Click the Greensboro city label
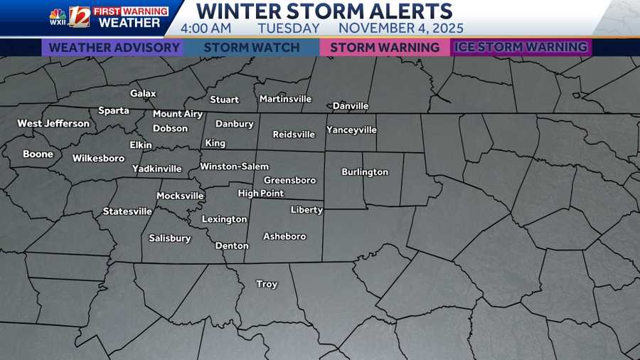tap(289, 180)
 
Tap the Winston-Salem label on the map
tap(234, 166)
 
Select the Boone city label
tap(38, 154)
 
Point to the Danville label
tap(351, 106)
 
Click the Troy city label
tap(267, 284)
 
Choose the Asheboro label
tap(284, 236)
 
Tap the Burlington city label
tap(365, 172)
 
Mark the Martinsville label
tap(285, 99)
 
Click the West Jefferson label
tap(53, 124)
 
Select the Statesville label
tap(127, 211)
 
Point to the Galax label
tap(143, 93)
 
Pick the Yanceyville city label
tap(351, 130)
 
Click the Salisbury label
tap(169, 238)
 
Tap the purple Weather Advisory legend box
tap(114, 48)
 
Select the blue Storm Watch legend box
tap(251, 48)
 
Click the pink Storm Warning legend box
tap(385, 48)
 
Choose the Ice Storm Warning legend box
tap(521, 48)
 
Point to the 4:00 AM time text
tap(206, 28)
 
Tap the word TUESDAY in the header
tap(289, 28)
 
